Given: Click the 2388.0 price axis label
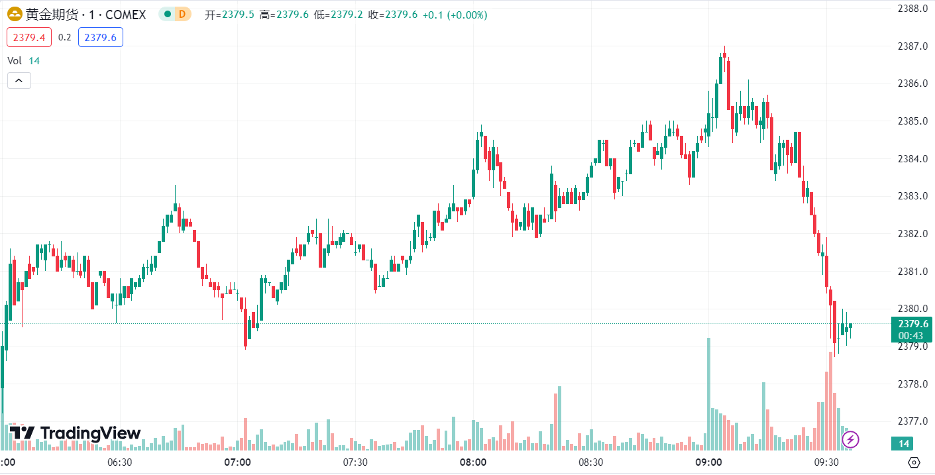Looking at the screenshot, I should [x=911, y=9].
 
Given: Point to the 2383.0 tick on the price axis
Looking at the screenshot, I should [x=911, y=196].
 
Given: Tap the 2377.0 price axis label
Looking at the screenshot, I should [x=911, y=421].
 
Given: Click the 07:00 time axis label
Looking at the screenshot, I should [x=237, y=462].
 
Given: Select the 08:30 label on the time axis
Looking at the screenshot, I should [x=590, y=462].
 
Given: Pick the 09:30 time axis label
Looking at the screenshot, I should [x=826, y=462].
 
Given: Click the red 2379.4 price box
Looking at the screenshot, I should [x=29, y=38].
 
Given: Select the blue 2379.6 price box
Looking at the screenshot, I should [x=100, y=38].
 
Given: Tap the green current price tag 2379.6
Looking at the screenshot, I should [x=912, y=324].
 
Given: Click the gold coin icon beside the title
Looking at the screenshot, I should [x=14, y=15].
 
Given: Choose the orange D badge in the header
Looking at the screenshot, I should [x=182, y=15].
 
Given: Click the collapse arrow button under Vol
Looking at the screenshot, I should [x=19, y=81].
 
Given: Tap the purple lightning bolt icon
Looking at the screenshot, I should [x=850, y=439].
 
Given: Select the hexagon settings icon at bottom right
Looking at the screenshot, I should [x=914, y=462].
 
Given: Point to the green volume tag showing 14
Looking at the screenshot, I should [x=905, y=444].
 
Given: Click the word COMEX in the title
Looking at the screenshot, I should [x=125, y=15].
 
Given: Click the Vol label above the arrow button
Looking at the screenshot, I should [x=15, y=61].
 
